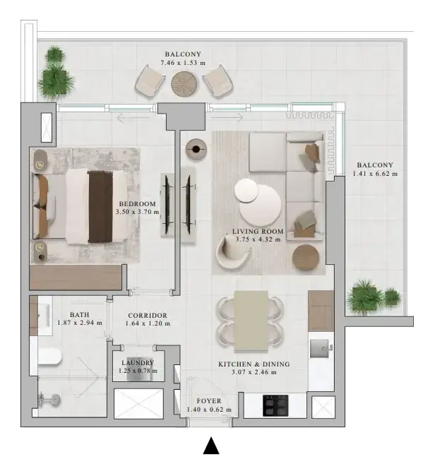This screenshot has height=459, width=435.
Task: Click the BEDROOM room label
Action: [x=137, y=204]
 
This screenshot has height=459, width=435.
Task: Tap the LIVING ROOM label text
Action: [x=258, y=231]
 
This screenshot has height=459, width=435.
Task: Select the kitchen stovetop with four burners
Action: [x=275, y=405]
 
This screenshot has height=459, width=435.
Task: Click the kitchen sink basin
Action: [x=319, y=348]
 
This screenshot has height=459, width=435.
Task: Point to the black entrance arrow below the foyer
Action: [x=211, y=446]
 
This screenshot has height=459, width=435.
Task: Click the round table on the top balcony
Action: [x=184, y=84]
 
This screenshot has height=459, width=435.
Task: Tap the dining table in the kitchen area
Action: [x=251, y=321]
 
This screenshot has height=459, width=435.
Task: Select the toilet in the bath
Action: [x=49, y=357]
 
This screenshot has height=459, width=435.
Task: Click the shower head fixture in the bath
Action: [x=49, y=399]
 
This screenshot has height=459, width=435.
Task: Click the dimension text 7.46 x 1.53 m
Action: [x=183, y=63]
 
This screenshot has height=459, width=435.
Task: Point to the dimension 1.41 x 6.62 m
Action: [x=375, y=174]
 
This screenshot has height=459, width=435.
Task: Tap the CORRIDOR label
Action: [x=148, y=316]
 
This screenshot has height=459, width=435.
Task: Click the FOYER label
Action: [x=209, y=401]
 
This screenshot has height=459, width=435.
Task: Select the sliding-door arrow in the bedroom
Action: [x=133, y=118]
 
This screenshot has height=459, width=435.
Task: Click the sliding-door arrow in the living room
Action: [x=227, y=118]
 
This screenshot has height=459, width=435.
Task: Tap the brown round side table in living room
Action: [x=306, y=258]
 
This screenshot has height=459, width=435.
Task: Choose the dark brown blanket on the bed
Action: [x=100, y=207]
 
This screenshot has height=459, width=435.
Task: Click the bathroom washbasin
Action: [x=45, y=315]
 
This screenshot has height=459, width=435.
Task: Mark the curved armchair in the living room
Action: [x=233, y=252]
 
